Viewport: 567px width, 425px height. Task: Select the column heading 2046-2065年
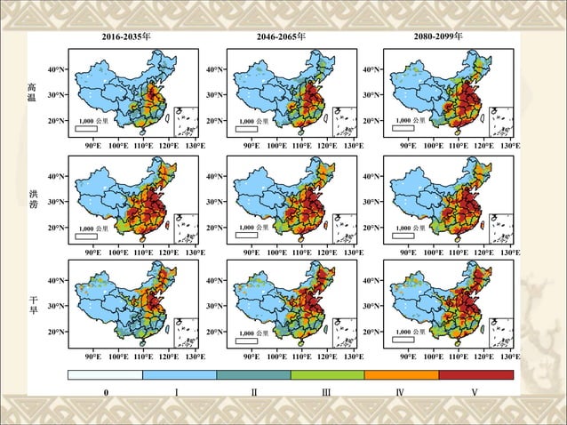281,38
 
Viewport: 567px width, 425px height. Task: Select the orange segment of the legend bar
402,374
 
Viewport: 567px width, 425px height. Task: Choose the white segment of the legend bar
105,374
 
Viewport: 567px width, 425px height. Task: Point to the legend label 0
105,392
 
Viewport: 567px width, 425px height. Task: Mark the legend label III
327,392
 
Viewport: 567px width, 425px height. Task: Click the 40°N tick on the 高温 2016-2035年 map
55,69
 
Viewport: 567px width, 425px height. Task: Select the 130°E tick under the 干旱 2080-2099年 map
509,356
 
